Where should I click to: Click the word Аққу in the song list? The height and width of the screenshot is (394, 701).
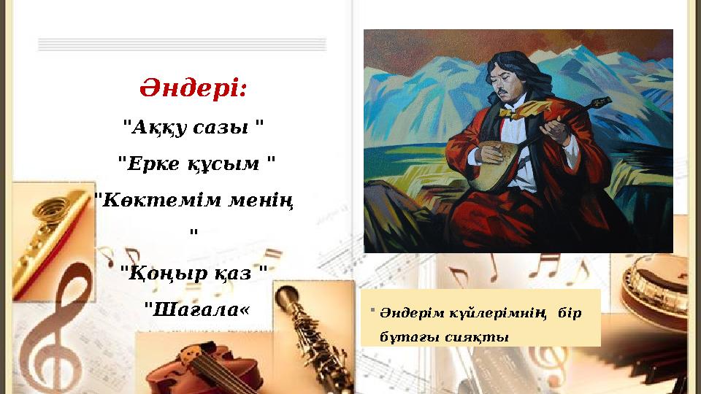[155, 126]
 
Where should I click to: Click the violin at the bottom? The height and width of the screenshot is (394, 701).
[204, 368]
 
